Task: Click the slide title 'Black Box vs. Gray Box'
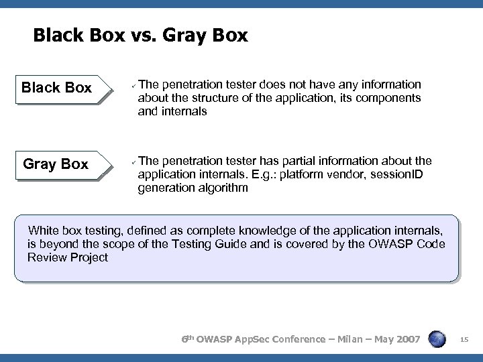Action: pyautogui.click(x=140, y=35)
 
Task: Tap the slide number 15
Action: pyautogui.click(x=464, y=342)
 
